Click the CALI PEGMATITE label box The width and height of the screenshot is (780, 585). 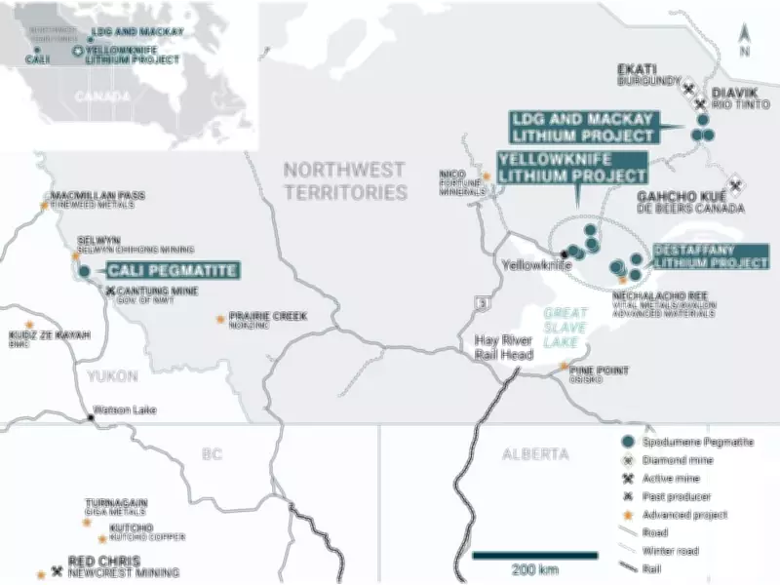point(171,271)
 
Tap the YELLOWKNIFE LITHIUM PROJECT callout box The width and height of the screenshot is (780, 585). point(572,168)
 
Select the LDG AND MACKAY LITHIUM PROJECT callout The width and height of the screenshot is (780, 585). point(582,127)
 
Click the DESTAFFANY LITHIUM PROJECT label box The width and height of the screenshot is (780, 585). point(710,255)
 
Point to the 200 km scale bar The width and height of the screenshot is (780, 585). point(535,556)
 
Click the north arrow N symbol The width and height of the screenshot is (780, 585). point(744,37)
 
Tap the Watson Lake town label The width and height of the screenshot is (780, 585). point(124,410)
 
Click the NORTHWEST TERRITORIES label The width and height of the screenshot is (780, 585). point(344,180)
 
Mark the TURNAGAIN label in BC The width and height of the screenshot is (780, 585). point(116,502)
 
